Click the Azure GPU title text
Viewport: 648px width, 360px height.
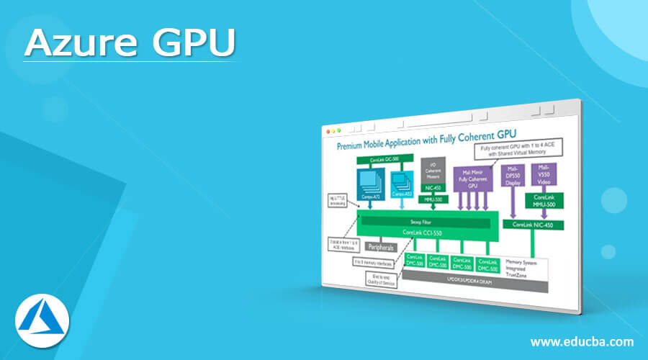pos(130,44)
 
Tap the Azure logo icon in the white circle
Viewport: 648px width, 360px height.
pos(42,318)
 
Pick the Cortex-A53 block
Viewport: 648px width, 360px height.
pos(402,184)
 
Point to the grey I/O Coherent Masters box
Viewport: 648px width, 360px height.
pos(433,171)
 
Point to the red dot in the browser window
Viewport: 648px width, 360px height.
pos(329,132)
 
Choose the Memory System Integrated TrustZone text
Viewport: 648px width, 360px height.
pos(523,265)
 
